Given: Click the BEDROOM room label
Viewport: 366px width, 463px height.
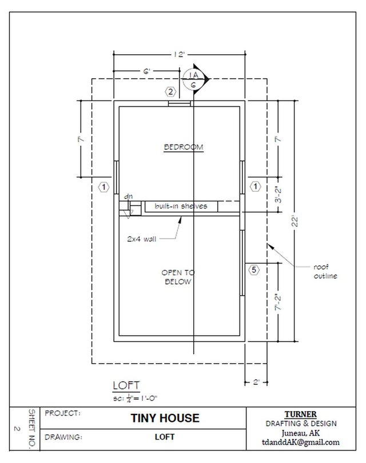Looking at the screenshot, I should [x=184, y=147].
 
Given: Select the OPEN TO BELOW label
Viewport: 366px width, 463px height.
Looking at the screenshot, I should [x=176, y=277].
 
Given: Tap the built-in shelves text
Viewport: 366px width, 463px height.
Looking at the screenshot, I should [x=180, y=206].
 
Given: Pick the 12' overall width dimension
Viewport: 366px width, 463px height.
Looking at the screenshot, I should [x=181, y=55].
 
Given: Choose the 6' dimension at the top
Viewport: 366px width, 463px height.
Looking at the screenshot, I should [x=147, y=71].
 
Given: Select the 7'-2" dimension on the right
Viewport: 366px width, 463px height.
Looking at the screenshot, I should [x=279, y=301].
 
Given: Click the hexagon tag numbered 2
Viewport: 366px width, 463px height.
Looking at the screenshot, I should [x=170, y=91].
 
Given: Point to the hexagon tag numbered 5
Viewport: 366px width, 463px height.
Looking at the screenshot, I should [x=254, y=269].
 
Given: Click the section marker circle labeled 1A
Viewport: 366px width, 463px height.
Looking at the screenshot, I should [x=193, y=79].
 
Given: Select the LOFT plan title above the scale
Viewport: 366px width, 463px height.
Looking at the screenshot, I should [x=126, y=385].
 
